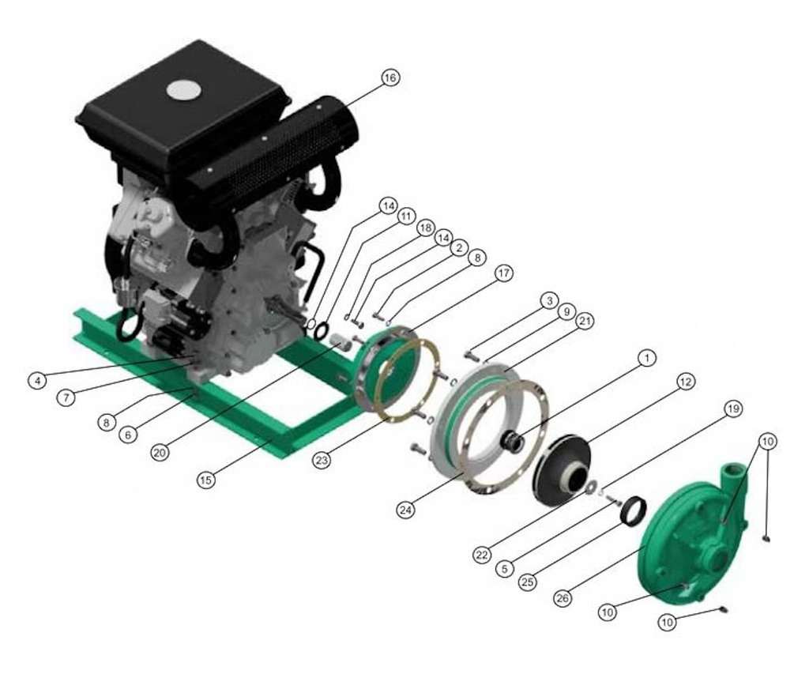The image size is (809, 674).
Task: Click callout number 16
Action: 389,77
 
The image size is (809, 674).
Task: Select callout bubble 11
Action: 406,216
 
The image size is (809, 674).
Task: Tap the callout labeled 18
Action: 425,228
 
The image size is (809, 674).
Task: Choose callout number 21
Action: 585,321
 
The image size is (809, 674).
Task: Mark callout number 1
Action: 646,359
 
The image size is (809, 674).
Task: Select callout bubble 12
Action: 684,382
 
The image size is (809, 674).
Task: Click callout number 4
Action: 36,380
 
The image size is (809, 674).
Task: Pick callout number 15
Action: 205,480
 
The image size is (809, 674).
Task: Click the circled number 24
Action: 406,510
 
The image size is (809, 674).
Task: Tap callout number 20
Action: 160,452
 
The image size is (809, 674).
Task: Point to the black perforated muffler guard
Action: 269,155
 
